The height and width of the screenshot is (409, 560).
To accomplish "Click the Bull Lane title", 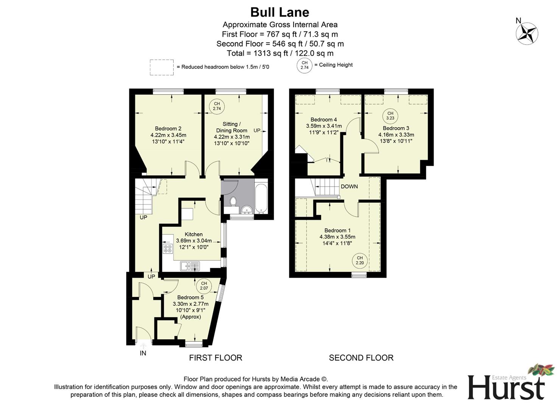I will tap(280, 12).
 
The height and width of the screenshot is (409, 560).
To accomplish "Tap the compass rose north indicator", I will tap(527, 33).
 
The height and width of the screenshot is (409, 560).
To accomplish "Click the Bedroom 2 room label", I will tap(168, 128).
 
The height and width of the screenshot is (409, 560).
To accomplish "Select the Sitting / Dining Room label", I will tap(232, 127).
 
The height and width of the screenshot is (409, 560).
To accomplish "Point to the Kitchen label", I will tap(193, 234).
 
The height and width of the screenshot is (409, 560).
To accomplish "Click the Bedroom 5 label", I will tap(190, 297).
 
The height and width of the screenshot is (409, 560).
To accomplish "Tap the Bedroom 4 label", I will tap(324, 120).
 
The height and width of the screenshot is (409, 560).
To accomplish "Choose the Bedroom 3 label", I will tap(396, 128).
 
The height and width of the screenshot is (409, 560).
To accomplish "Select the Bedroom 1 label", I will tap(337, 230).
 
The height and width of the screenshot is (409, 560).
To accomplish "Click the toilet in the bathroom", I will tap(233, 201).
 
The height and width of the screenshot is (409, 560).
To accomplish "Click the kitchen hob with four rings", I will tap(167, 248).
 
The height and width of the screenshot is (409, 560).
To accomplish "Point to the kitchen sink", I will tap(190, 266).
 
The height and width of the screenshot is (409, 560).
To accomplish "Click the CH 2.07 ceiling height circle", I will tap(204, 286).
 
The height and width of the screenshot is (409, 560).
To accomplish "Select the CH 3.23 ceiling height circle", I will tap(390, 116).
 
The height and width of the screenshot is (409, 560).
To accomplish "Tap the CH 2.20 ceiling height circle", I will tap(359, 260).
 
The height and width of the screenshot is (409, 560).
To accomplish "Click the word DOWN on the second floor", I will tap(349, 186).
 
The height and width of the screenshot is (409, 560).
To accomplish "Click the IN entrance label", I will tap(143, 353).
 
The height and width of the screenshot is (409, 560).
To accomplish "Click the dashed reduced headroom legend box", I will tap(162, 67).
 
